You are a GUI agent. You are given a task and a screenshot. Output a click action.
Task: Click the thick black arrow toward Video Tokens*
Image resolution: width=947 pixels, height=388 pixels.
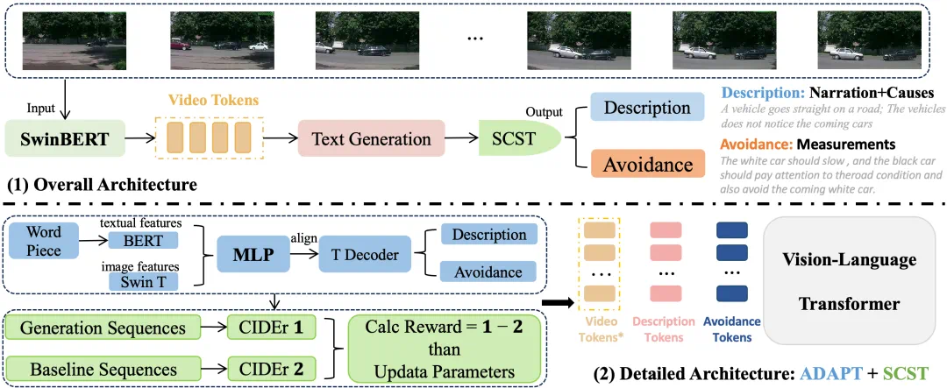pyautogui.click(x=557, y=304)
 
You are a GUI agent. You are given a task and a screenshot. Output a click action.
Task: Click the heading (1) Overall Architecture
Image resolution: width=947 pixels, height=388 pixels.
pyautogui.click(x=102, y=186)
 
